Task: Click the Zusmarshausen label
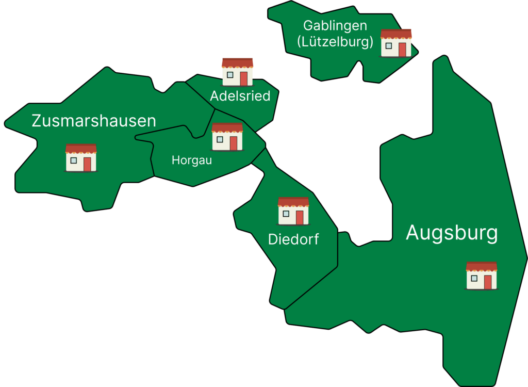tap(94, 121)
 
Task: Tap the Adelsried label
tap(240, 96)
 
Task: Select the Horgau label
tap(192, 160)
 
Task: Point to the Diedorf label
tap(293, 239)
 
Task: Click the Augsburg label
tap(452, 233)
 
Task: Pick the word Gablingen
tap(335, 25)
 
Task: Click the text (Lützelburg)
tap(335, 42)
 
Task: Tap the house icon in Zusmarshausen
tap(81, 158)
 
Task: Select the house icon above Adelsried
tap(237, 72)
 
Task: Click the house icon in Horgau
tap(227, 137)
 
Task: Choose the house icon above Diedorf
tap(293, 211)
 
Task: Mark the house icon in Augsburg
tap(482, 276)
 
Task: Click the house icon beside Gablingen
tap(396, 43)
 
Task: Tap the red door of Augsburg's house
tap(488, 282)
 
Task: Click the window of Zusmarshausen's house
tap(73, 160)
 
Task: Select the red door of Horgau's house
tap(234, 143)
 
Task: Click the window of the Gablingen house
tap(389, 46)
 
